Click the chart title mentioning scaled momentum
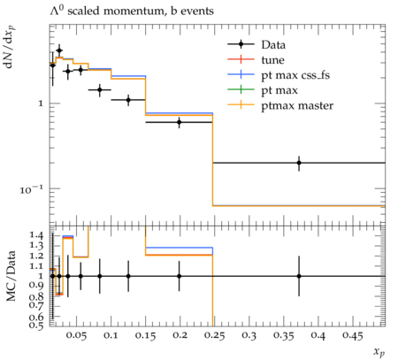tap(132, 11)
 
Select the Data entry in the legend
tap(273, 45)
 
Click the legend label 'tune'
tap(272, 60)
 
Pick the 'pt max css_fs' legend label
tap(295, 75)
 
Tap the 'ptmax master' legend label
tap(297, 106)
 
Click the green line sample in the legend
tap(241, 89)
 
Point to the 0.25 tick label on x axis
tap(214, 336)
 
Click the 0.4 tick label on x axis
tap(318, 336)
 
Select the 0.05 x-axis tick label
tap(76, 336)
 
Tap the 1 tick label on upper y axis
tap(41, 103)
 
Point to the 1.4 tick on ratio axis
tap(36, 235)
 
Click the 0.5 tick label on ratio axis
tap(36, 325)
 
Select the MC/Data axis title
tap(11, 276)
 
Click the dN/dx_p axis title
tap(10, 47)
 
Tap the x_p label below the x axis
tap(379, 352)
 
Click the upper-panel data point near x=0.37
tap(299, 163)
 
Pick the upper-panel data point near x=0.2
tap(179, 122)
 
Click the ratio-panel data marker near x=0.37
tap(299, 276)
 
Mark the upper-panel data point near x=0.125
tap(128, 100)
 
